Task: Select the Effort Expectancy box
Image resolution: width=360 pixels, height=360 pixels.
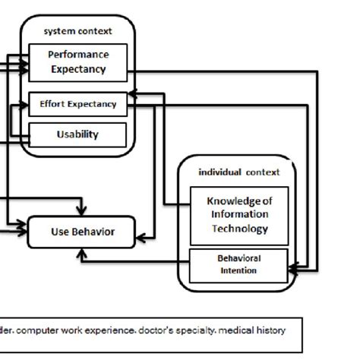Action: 78,104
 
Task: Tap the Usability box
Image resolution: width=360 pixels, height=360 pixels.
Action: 78,134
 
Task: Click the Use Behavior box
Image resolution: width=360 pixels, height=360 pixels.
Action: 83,232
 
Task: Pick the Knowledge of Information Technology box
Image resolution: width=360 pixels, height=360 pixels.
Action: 238,215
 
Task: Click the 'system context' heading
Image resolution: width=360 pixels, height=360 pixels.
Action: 78,31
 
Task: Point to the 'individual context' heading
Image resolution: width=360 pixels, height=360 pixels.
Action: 238,172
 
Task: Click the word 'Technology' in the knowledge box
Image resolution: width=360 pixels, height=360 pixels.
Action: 238,229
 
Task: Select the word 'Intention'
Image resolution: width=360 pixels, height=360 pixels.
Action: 238,270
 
